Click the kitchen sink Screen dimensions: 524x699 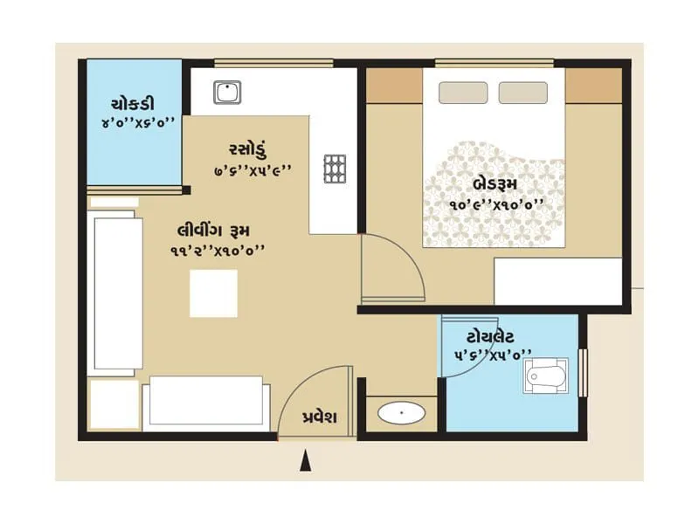click(227, 91)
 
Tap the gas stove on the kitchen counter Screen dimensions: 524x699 click(335, 169)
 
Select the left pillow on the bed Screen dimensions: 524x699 click(463, 93)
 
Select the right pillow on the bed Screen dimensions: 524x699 click(523, 93)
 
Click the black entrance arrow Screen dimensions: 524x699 click(305, 461)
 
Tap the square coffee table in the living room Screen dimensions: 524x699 click(213, 293)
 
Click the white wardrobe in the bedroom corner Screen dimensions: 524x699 click(557, 281)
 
